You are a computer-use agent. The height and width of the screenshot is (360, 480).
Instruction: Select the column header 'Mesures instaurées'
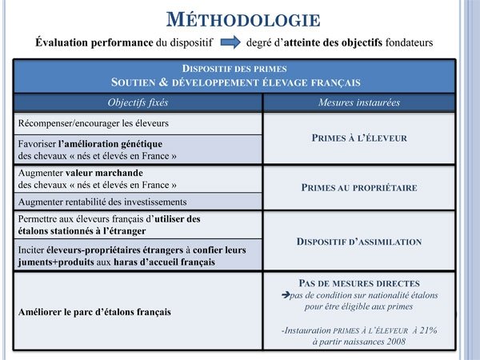click(x=359, y=102)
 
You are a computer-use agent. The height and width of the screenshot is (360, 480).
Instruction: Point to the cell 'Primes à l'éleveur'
click(x=359, y=138)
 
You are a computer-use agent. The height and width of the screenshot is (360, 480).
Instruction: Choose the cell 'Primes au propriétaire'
click(x=359, y=188)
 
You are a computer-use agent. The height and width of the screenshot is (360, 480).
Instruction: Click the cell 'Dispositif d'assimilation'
click(x=359, y=242)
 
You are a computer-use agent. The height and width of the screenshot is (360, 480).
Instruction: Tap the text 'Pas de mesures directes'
click(x=359, y=283)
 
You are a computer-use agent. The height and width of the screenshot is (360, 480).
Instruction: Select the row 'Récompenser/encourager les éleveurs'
click(x=94, y=124)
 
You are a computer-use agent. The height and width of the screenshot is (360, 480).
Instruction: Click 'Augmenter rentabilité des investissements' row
click(x=102, y=202)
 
